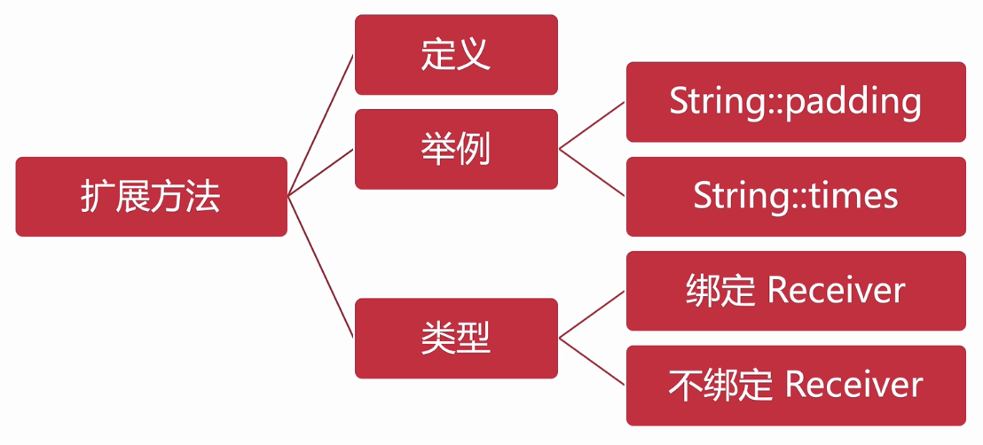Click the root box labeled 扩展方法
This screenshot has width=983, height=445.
click(151, 197)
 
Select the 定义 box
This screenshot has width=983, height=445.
click(456, 55)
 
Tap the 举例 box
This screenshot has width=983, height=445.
click(456, 149)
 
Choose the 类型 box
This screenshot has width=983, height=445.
click(456, 339)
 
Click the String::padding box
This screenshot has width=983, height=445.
click(796, 102)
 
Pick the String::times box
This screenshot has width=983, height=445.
click(796, 197)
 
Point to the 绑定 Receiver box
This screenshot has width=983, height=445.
click(796, 291)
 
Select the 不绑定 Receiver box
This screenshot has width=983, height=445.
click(796, 386)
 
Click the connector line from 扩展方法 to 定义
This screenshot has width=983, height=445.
click(321, 124)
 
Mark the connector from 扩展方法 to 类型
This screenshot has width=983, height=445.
click(321, 266)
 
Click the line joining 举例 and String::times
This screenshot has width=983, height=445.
click(592, 172)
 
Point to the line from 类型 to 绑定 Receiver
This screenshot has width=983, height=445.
click(592, 315)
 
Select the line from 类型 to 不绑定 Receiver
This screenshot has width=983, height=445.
click(592, 362)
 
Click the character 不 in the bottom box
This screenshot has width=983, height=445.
click(685, 386)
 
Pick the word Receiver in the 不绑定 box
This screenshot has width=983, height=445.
click(853, 386)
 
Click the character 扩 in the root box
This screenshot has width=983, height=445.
click(98, 197)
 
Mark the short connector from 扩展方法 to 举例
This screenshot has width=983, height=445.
click(321, 171)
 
